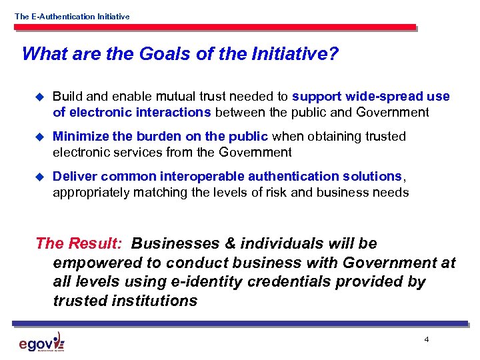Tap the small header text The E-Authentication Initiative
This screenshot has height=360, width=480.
(72, 16)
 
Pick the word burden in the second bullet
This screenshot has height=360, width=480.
(159, 137)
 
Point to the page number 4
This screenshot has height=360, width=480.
(426, 340)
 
